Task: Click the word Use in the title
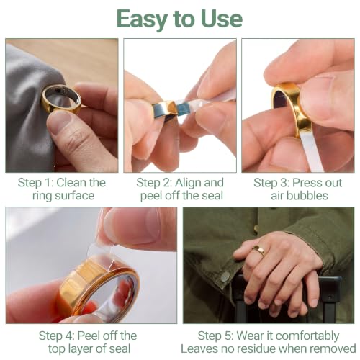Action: click(222, 19)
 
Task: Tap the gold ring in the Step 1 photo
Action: click(60, 100)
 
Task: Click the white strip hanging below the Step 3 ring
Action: click(311, 153)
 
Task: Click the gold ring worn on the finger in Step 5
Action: click(259, 251)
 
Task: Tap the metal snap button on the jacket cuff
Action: click(225, 276)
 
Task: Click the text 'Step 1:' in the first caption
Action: click(35, 183)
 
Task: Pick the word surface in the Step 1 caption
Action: click(74, 196)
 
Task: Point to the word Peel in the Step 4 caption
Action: click(88, 336)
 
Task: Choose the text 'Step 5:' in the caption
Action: click(215, 336)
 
